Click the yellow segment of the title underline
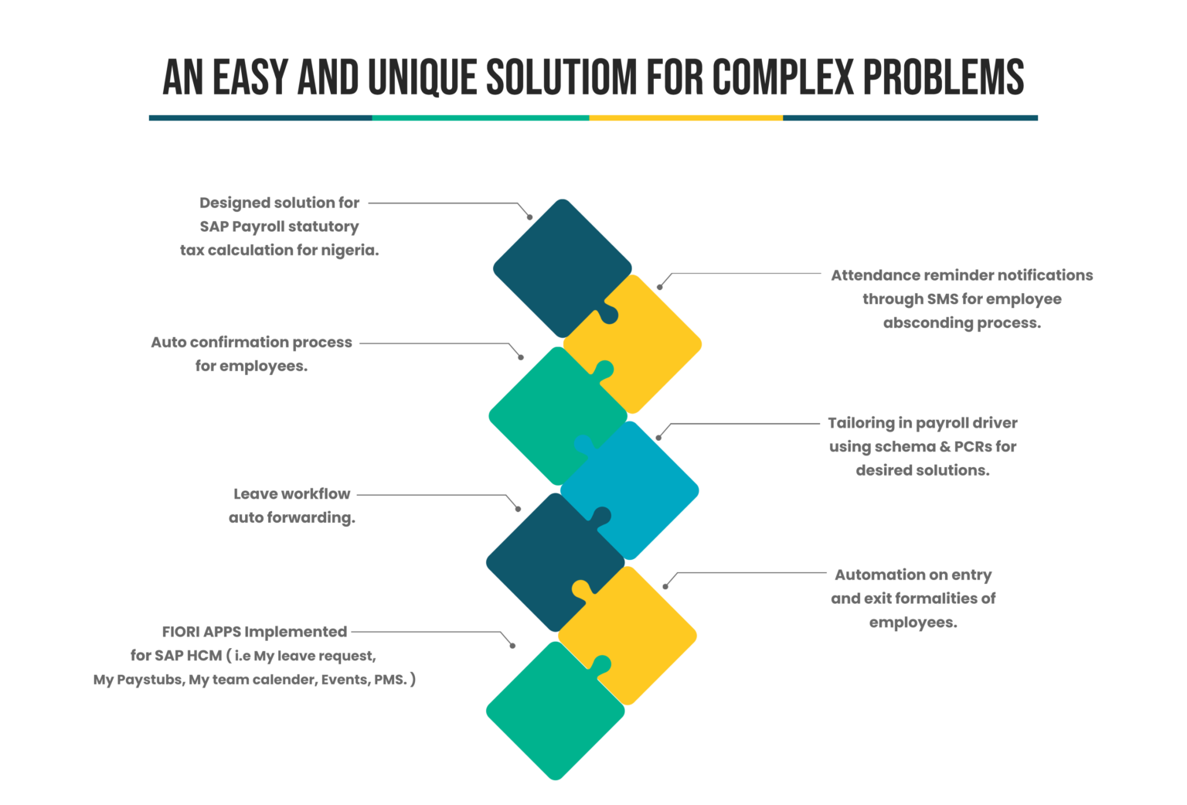(685, 118)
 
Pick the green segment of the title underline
(480, 118)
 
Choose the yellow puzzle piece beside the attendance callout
(641, 340)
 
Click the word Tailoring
(861, 423)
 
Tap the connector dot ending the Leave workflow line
(519, 509)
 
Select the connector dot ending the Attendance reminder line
(659, 287)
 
